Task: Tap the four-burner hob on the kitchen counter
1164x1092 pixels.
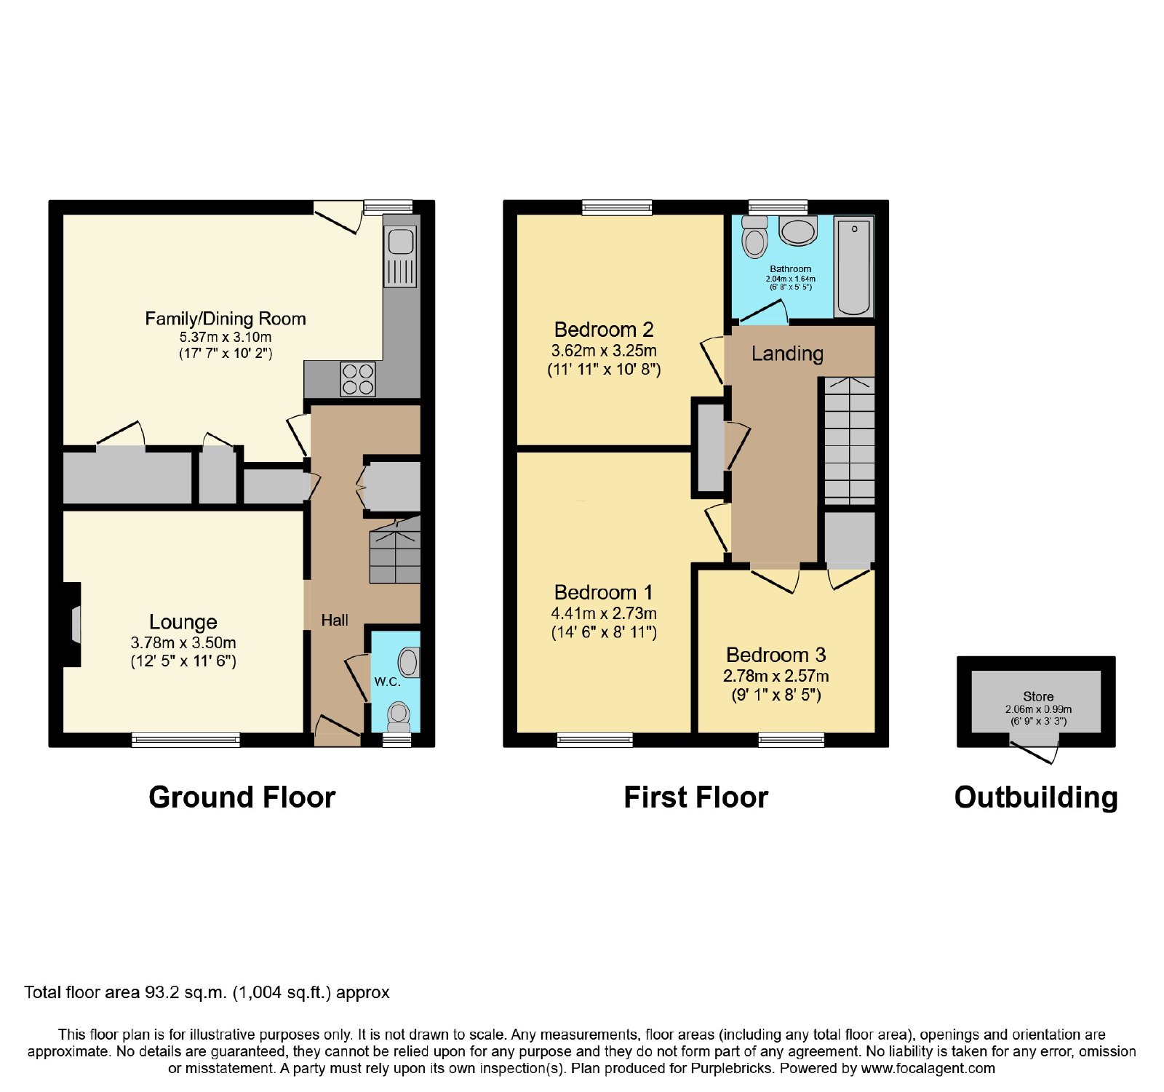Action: pyautogui.click(x=358, y=379)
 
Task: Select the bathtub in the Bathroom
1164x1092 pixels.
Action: pyautogui.click(x=853, y=266)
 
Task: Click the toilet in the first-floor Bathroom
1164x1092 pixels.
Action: pyautogui.click(x=755, y=236)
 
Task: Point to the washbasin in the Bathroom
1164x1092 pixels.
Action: pyautogui.click(x=798, y=231)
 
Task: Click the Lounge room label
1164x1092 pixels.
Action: pyautogui.click(x=183, y=622)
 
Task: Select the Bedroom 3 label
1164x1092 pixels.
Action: pyautogui.click(x=776, y=655)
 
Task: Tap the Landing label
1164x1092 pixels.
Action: pyautogui.click(x=787, y=354)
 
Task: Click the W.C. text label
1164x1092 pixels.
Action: pyautogui.click(x=387, y=682)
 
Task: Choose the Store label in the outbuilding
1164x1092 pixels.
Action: pyautogui.click(x=1038, y=696)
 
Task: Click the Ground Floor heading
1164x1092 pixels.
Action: pyautogui.click(x=242, y=797)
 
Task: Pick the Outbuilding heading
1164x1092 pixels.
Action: pyautogui.click(x=1036, y=797)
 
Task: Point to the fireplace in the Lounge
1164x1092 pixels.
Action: pyautogui.click(x=72, y=624)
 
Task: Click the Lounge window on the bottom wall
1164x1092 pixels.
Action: pyautogui.click(x=186, y=740)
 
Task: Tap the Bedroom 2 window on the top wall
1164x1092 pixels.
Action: pyautogui.click(x=617, y=208)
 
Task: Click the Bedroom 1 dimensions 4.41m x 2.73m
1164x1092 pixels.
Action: pyautogui.click(x=604, y=613)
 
